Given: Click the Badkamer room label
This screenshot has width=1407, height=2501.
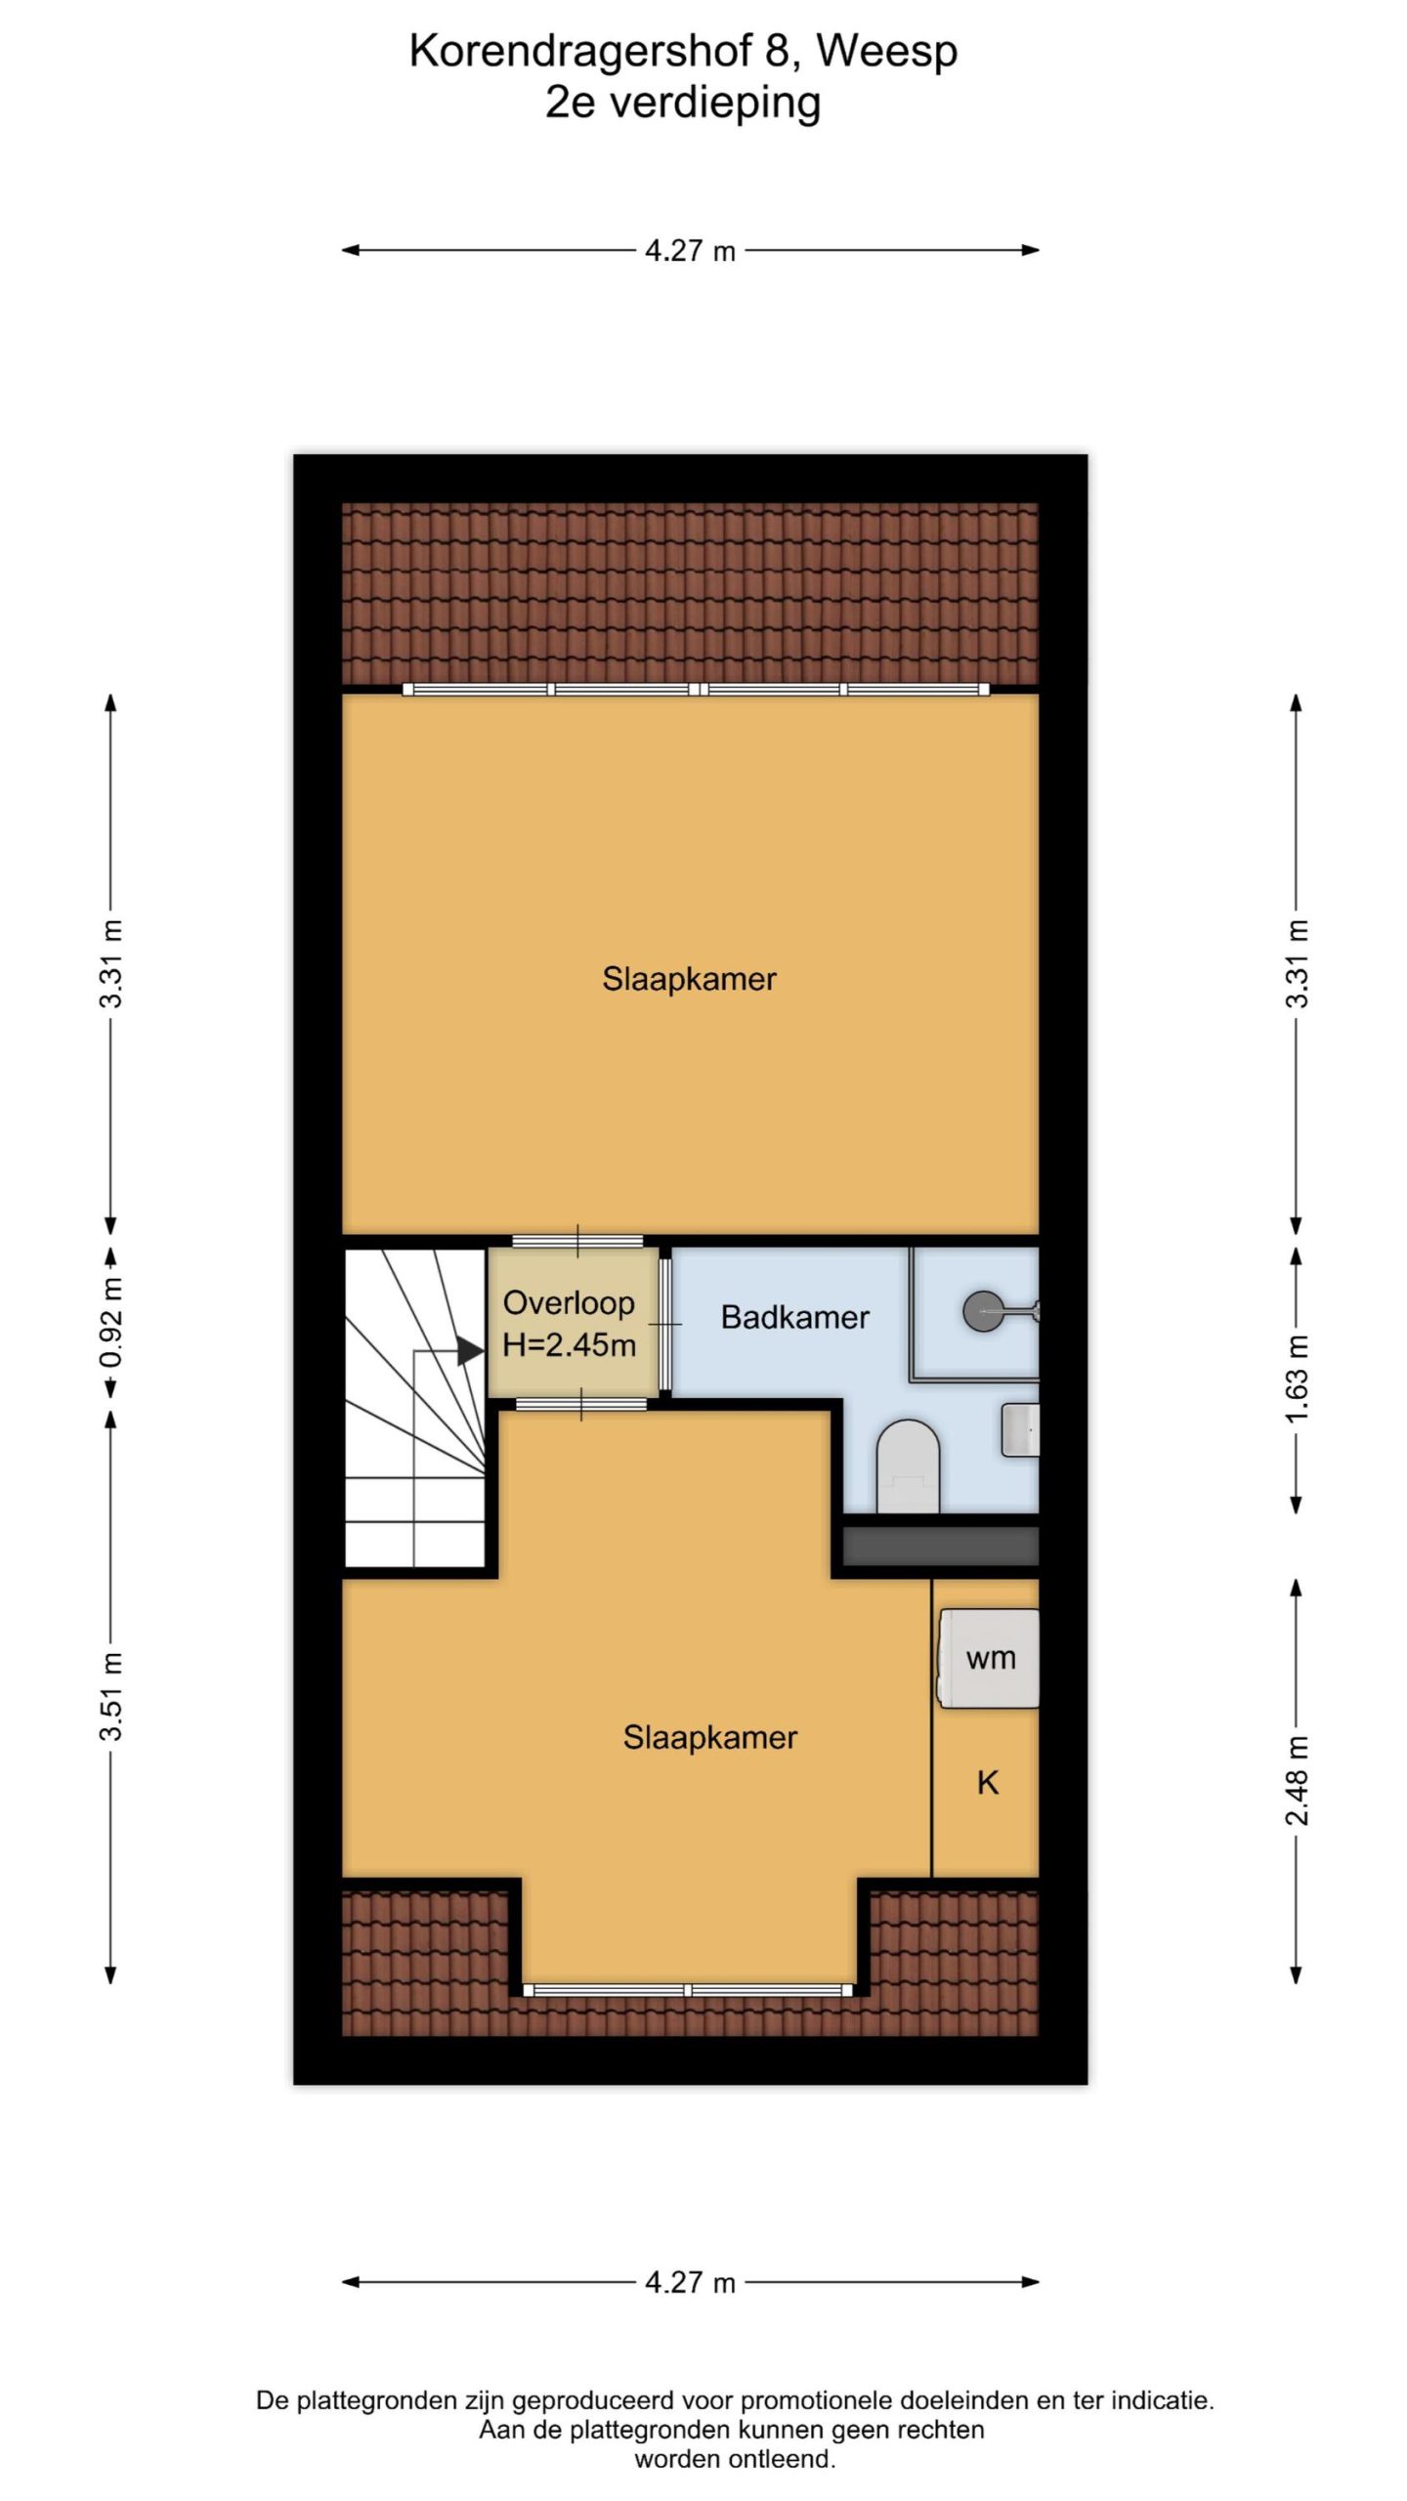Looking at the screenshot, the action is [794, 1317].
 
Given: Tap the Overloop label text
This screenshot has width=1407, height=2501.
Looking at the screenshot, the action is [569, 1302].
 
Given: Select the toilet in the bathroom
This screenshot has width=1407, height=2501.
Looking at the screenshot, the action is [908, 1464].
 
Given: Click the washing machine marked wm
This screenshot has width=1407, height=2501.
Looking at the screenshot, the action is [989, 1658].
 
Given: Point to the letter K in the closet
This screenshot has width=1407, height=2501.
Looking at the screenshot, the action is [988, 1783].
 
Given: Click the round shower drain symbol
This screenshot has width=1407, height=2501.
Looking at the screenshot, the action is [981, 1310].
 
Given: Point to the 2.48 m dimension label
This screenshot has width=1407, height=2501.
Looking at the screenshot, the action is [1297, 1780].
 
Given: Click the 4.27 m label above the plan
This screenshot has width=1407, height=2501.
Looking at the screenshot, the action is [690, 251].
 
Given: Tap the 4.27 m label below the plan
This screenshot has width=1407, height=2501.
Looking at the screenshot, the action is [690, 2283].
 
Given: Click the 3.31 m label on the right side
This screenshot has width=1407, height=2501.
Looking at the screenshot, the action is [1297, 963].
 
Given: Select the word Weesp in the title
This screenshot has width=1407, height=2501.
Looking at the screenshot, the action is [886, 52].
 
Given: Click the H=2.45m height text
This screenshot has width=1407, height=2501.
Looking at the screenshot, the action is [569, 1345].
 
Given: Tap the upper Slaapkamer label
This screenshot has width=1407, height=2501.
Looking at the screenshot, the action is [689, 979].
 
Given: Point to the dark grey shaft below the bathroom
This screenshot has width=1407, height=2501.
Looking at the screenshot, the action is [940, 1546].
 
